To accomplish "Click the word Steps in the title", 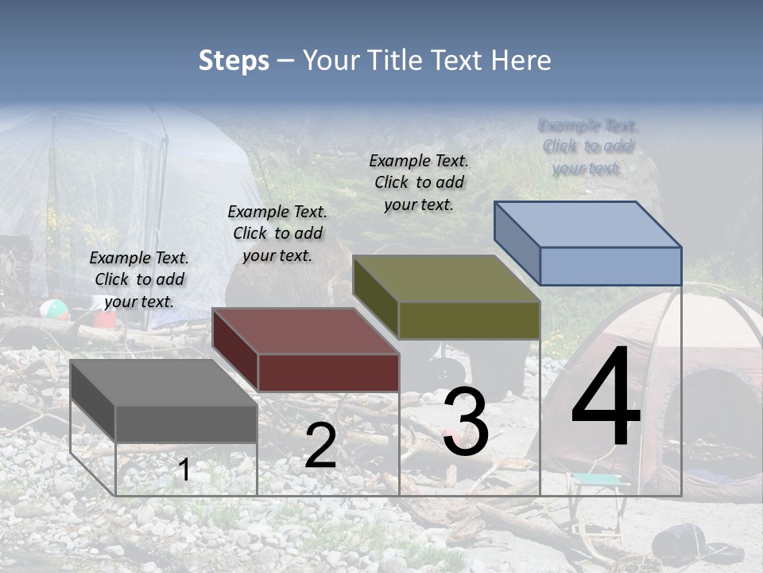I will tap(234, 60).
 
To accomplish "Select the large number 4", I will tap(606, 398).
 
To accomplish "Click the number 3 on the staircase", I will tap(466, 422).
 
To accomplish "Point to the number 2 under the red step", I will tap(320, 446).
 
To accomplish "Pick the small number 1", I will tap(184, 470).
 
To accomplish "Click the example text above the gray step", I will tap(139, 279).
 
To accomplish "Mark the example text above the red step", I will tap(277, 233).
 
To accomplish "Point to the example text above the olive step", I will tap(419, 182).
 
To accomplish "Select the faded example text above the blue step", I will tap(588, 146).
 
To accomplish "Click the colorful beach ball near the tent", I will tap(55, 310).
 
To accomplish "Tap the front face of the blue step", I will tap(610, 266).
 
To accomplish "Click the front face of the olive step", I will tap(469, 320).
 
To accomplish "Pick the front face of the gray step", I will tap(186, 423).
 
